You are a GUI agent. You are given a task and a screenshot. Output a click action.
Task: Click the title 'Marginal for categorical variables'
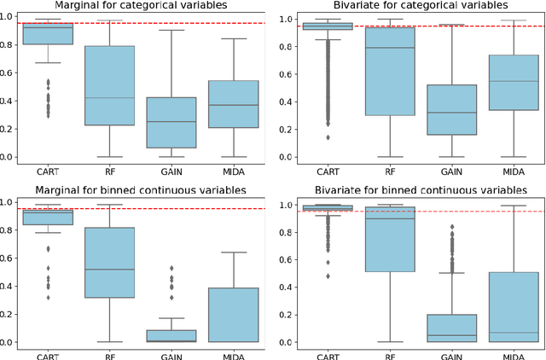click(x=146, y=8)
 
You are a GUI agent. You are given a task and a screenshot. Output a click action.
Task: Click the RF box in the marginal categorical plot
click(x=109, y=85)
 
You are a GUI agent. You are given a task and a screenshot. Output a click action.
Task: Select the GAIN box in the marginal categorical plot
click(x=171, y=122)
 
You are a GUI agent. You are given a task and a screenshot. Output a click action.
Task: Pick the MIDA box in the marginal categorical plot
click(x=233, y=104)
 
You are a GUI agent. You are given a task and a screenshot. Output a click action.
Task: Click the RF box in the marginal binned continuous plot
click(x=109, y=262)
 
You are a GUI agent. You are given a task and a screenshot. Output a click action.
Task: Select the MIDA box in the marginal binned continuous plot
click(x=233, y=315)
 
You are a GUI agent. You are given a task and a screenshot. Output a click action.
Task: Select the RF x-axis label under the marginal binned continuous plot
click(x=109, y=354)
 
